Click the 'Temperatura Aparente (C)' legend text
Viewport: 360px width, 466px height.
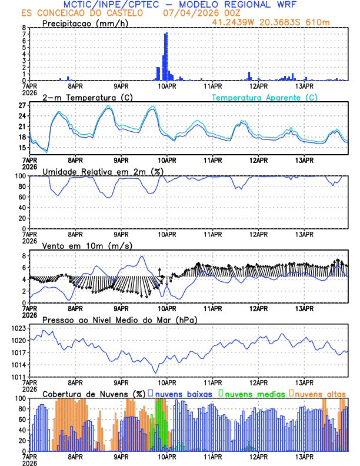tap(264, 97)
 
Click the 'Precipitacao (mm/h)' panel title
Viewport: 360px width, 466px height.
tap(82, 24)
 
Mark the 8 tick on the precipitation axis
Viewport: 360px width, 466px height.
tap(24, 28)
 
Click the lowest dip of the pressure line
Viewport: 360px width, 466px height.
tap(156, 372)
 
